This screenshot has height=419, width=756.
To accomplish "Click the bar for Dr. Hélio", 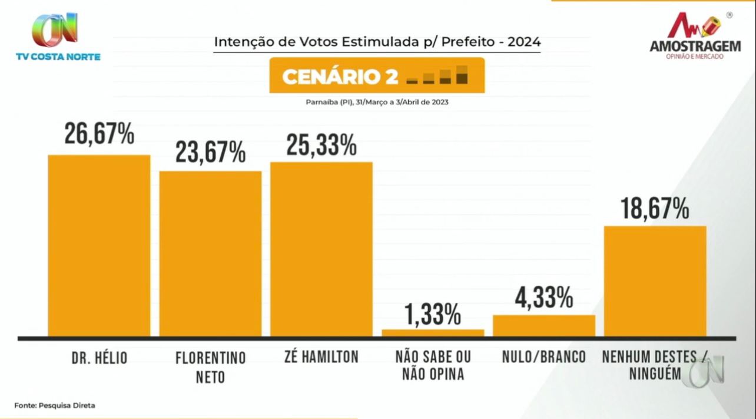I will click(x=99, y=246).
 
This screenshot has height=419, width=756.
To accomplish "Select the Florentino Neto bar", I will click(x=210, y=254).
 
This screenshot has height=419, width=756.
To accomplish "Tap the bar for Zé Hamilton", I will click(x=321, y=249).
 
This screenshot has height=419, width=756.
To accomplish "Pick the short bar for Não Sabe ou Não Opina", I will click(x=433, y=333).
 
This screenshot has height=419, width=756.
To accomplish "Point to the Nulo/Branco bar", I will click(x=544, y=326).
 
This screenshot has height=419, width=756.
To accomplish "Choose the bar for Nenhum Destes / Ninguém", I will click(x=655, y=281).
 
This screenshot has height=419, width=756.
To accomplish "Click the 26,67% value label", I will click(x=100, y=134).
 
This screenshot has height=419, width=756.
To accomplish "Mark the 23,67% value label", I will click(x=210, y=153).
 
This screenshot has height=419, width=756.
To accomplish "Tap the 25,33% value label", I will click(x=321, y=145).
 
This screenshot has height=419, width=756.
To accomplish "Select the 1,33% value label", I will click(x=433, y=315).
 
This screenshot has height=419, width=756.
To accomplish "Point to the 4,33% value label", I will click(x=545, y=299).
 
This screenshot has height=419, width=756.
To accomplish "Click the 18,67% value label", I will click(x=655, y=209).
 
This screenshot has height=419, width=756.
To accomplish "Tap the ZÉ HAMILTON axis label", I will click(x=321, y=357).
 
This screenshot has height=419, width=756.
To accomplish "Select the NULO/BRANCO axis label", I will click(x=544, y=357).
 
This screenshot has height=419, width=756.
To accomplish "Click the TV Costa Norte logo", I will click(x=58, y=37).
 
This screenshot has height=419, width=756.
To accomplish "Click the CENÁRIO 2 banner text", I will click(x=340, y=77).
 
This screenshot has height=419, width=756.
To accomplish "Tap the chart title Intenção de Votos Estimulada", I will click(x=377, y=42).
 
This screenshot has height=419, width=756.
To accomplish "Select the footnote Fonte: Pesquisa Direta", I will click(x=54, y=405).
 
